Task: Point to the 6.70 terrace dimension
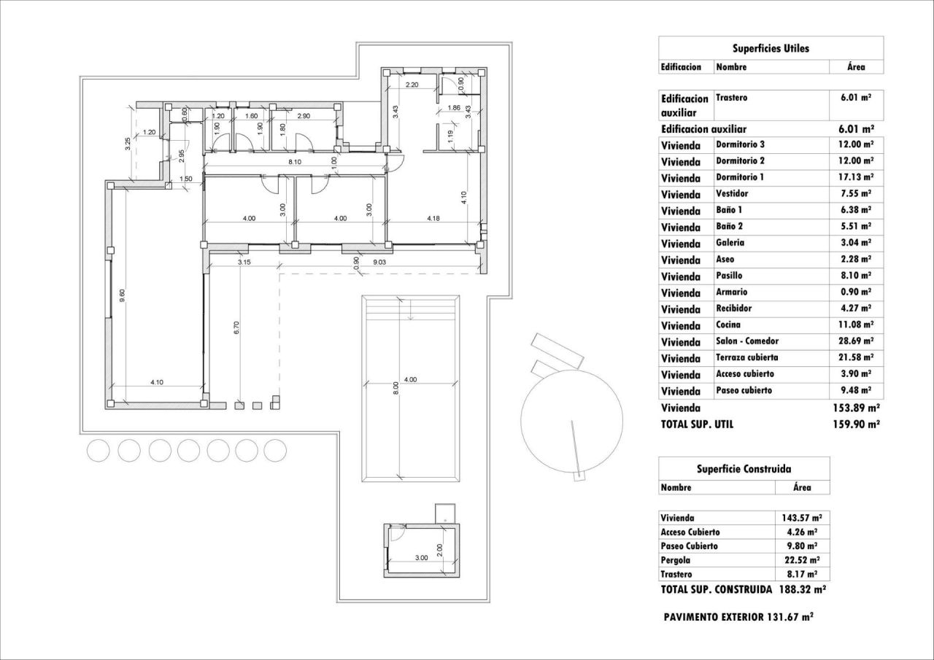point(236,328)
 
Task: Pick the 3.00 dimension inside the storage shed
point(421,557)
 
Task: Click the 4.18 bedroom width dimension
point(433,218)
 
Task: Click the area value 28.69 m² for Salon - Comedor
point(856,341)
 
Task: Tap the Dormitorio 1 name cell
point(740,177)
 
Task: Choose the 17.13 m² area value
point(856,177)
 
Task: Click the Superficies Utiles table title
point(771,48)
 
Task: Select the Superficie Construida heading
point(744,469)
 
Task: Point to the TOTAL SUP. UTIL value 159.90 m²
point(856,424)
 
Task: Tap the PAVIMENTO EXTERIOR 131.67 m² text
point(738,616)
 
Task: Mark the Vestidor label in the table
point(732,194)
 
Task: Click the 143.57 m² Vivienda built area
point(803,517)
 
